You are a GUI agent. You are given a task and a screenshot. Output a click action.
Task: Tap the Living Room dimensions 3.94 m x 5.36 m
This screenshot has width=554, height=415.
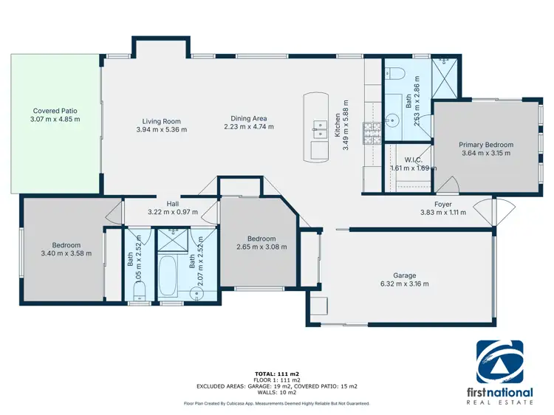click(161, 130)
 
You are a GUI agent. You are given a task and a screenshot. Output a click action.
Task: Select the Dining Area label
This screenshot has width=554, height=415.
click(249, 118)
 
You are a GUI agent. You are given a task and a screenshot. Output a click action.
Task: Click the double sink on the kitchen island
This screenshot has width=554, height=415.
click(318, 128)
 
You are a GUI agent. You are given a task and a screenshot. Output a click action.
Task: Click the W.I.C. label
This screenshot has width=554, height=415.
click(413, 160)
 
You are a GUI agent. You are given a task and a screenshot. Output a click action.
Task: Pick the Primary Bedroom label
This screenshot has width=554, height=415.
click(485, 145)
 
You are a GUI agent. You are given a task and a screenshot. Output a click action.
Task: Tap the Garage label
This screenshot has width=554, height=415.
click(404, 275)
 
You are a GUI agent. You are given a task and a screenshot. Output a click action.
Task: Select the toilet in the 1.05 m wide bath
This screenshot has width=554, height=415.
click(136, 294)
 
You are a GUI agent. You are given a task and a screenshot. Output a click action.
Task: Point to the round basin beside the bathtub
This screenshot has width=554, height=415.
click(196, 292)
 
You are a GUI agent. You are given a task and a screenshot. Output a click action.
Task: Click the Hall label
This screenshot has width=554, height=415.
click(173, 204)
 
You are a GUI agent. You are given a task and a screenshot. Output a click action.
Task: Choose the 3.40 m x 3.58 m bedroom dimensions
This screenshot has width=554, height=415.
click(66, 253)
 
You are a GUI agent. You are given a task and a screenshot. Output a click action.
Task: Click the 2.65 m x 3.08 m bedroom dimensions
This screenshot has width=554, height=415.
click(261, 247)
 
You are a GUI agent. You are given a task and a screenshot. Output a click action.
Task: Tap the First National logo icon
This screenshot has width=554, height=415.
click(499, 362)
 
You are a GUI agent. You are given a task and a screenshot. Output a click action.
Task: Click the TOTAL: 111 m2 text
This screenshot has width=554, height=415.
click(277, 374)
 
